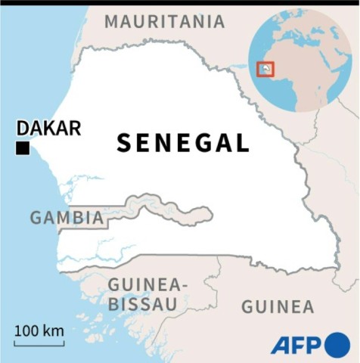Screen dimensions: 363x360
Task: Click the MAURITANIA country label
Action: coord(164,21)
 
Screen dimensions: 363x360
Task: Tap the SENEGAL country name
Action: coord(182,143)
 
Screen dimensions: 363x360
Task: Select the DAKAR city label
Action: coord(48,128)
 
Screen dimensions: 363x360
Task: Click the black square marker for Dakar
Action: coord(23,148)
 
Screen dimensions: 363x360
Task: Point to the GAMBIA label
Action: coord(67,218)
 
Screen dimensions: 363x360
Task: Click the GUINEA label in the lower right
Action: coord(277,306)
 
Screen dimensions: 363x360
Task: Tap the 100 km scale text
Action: coord(39,330)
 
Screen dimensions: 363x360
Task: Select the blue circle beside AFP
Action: coord(337,344)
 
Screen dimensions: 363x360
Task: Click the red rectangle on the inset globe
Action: coord(265,70)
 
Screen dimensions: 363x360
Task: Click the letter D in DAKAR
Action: coord(23,128)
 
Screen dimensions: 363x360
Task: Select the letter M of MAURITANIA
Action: coord(111,21)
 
